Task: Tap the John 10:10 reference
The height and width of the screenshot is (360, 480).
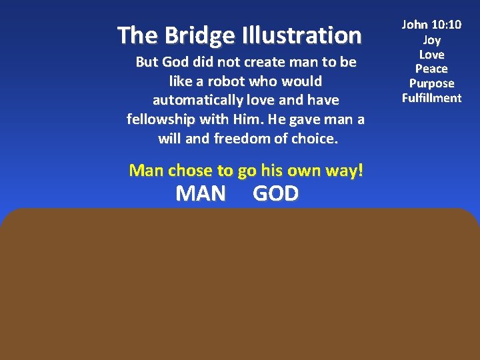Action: pyautogui.click(x=431, y=25)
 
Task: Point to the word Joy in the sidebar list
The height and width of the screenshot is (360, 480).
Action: pyautogui.click(x=431, y=40)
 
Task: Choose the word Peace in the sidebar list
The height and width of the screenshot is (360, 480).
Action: pyautogui.click(x=431, y=69)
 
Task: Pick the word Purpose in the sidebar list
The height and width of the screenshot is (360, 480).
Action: pyautogui.click(x=431, y=83)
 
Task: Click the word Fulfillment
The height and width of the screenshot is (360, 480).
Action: pyautogui.click(x=431, y=98)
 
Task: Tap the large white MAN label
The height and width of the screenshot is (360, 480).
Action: pyautogui.click(x=201, y=193)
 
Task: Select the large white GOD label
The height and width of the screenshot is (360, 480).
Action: pyautogui.click(x=276, y=193)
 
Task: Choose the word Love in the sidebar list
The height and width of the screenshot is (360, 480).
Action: pyautogui.click(x=431, y=54)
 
